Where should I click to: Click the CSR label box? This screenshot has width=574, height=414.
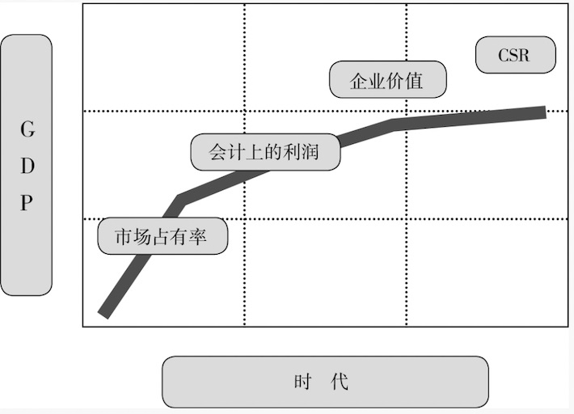tap(515, 55)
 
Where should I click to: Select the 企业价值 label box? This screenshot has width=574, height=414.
tap(387, 80)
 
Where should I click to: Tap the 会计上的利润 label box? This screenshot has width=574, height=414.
tap(265, 151)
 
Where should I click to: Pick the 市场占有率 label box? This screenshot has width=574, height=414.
tap(162, 237)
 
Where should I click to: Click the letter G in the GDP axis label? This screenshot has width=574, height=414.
tap(27, 129)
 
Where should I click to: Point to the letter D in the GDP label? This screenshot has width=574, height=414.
tap(27, 166)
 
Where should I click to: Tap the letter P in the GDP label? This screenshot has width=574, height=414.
tap(27, 202)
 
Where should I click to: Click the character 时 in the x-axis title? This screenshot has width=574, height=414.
tap(303, 382)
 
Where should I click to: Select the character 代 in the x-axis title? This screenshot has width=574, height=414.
tap(340, 382)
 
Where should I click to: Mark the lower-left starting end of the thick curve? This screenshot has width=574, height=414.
tap(103, 312)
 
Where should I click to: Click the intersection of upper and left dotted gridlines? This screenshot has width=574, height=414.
tap(244, 111)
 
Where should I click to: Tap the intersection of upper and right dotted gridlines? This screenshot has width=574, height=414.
tap(406, 111)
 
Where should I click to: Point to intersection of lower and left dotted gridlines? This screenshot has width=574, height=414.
tap(244, 218)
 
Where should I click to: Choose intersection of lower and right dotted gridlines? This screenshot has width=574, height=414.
tap(406, 218)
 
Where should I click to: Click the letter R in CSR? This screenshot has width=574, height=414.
tap(525, 56)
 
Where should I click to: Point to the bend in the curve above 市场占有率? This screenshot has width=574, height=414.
tap(179, 197)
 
